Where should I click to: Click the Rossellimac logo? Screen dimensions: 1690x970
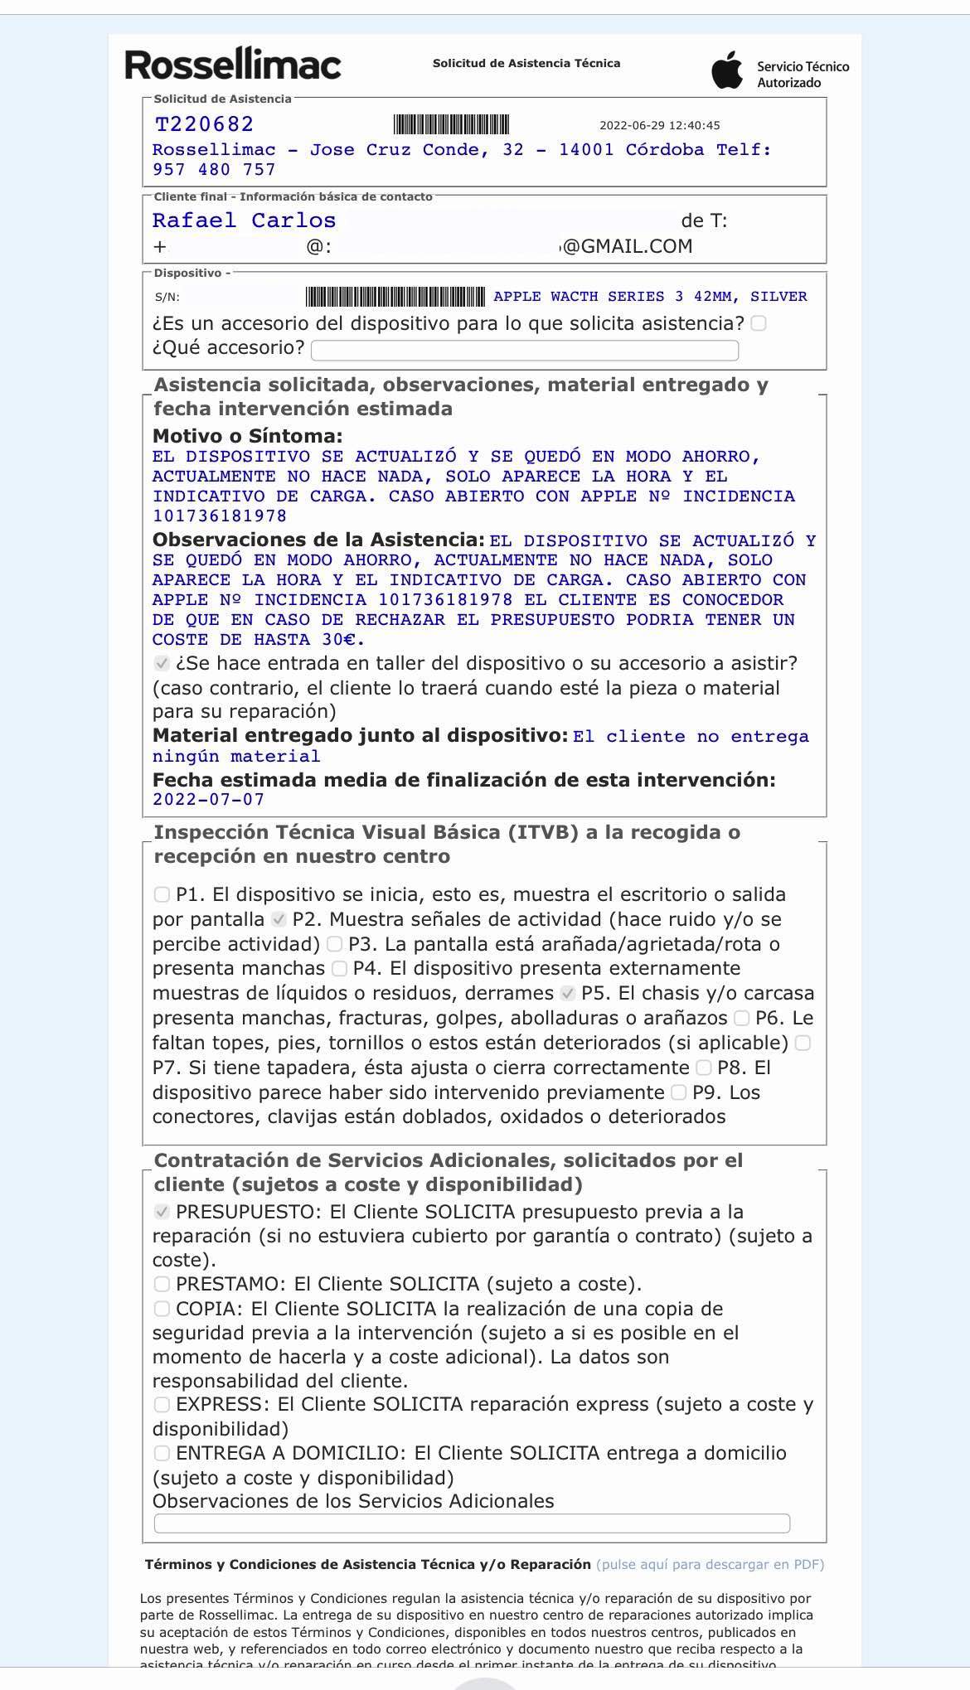pos(233,65)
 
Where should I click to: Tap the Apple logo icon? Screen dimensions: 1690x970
pos(727,70)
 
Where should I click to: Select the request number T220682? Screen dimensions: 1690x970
pos(204,124)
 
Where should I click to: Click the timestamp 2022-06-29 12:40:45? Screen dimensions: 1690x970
pos(659,126)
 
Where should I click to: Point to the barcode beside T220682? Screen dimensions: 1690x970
pos(451,125)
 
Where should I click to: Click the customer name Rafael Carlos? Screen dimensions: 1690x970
pos(244,220)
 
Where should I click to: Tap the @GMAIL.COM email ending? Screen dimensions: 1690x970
pos(627,246)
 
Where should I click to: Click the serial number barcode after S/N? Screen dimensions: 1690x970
pos(395,297)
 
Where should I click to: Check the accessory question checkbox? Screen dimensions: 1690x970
pos(758,323)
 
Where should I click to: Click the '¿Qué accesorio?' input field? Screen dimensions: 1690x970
pos(524,350)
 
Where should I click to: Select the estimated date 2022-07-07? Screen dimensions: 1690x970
pos(208,800)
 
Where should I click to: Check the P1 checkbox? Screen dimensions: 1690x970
pos(162,894)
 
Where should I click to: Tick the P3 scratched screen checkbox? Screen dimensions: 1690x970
pos(334,944)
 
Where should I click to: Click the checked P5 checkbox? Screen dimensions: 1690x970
pos(567,993)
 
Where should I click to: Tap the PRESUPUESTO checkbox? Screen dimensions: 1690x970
pos(162,1212)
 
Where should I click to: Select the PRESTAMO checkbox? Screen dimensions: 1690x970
pos(162,1284)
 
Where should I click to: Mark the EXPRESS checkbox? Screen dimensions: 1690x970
pos(162,1405)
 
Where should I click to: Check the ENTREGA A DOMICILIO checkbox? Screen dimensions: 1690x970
pos(162,1454)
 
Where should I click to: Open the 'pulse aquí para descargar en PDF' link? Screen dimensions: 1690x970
pos(710,1565)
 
